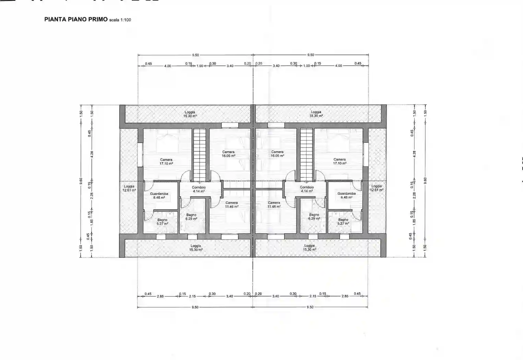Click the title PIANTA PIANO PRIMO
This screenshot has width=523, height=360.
click(x=76, y=20)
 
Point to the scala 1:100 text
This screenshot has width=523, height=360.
click(x=120, y=20)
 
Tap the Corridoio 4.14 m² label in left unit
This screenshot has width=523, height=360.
click(x=199, y=189)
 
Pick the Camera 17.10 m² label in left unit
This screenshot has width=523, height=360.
click(x=166, y=161)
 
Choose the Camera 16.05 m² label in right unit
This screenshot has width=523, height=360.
click(x=277, y=154)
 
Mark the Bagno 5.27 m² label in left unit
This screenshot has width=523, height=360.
click(x=162, y=222)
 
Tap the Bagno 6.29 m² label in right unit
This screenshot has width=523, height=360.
click(x=314, y=217)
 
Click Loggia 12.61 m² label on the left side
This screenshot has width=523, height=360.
click(x=129, y=188)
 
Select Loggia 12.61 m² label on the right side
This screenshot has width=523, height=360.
click(x=377, y=188)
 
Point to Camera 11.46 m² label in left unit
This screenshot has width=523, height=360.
click(x=231, y=205)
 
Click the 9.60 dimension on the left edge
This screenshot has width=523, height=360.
click(x=81, y=181)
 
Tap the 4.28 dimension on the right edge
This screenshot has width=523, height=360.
click(x=414, y=154)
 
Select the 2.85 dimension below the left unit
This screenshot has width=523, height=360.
click(x=160, y=296)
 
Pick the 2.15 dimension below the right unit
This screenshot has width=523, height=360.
click(x=312, y=296)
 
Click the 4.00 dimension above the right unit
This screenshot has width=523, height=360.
click(x=338, y=66)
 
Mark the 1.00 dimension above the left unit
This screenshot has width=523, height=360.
click(x=200, y=66)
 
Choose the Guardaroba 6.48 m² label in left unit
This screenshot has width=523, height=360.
click(x=159, y=195)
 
